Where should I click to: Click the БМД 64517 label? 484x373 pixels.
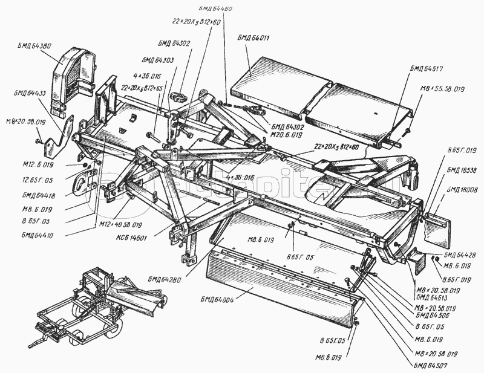[x=427, y=67]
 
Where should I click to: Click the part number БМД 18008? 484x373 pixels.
[x=462, y=190]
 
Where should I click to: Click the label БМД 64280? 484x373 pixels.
[x=167, y=278]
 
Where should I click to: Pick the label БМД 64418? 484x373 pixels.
[x=38, y=194]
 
